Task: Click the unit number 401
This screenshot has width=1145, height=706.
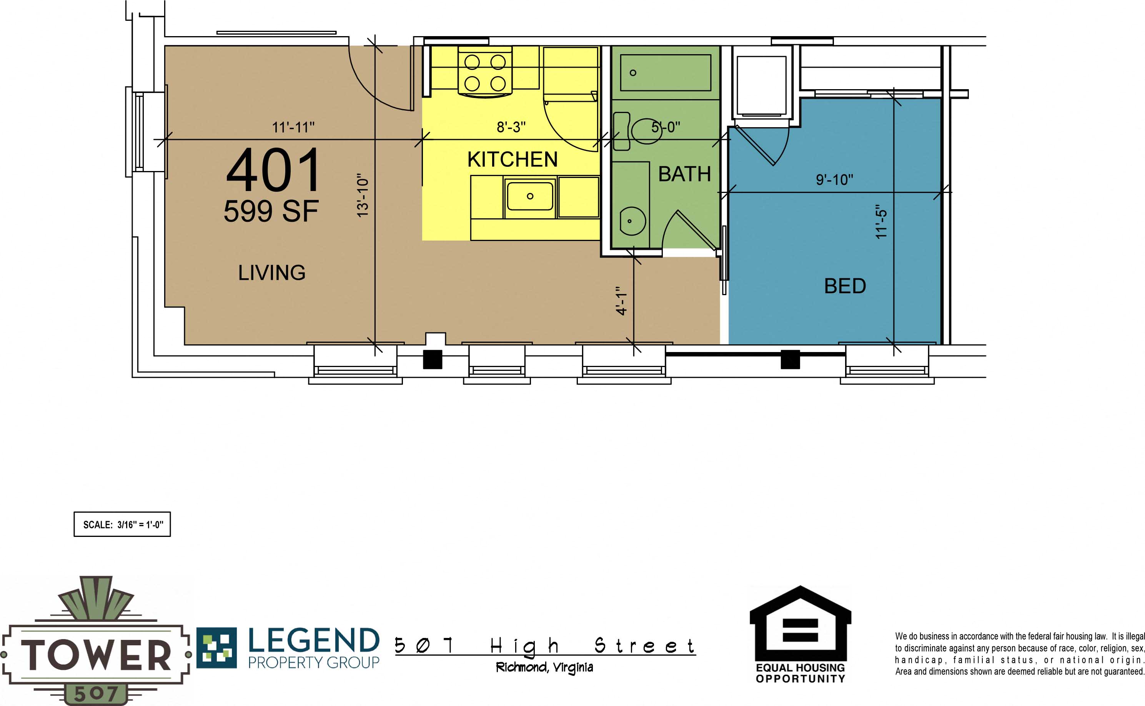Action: tap(273, 169)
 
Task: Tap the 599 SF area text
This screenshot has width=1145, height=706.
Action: tap(271, 211)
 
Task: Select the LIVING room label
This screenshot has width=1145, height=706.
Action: tap(272, 273)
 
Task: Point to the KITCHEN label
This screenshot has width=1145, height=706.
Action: tap(513, 160)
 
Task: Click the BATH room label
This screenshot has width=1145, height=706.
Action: tap(684, 174)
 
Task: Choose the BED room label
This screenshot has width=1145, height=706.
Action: tap(845, 286)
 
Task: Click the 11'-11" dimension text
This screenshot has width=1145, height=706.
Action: tap(293, 127)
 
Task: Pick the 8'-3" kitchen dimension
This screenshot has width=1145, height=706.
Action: tap(511, 127)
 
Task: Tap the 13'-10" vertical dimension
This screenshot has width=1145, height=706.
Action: tap(363, 195)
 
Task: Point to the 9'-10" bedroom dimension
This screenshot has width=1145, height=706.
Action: tap(834, 180)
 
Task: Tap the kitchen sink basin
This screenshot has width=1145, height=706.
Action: tap(530, 196)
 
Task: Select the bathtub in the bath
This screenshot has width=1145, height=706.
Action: tap(665, 73)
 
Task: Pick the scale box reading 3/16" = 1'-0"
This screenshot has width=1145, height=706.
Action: tap(122, 524)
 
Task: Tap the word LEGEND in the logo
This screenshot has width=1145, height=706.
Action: tap(313, 641)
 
